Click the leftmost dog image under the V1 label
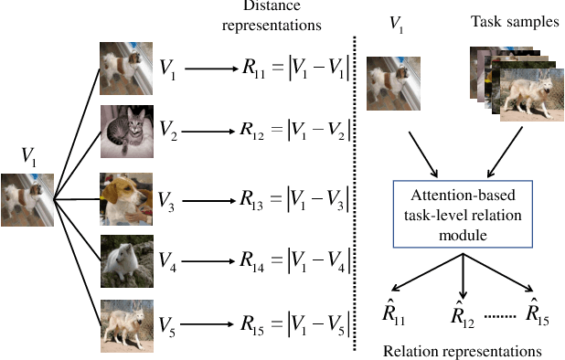27,199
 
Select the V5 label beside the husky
168,325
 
